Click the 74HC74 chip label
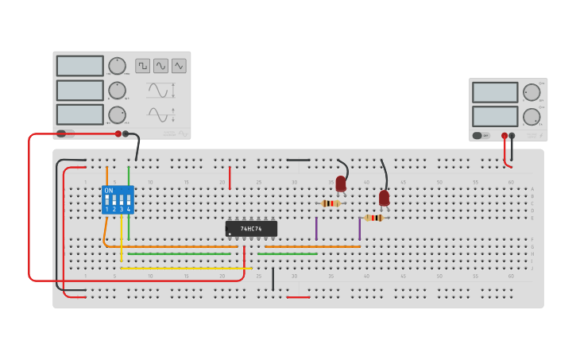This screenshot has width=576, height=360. click(251, 229)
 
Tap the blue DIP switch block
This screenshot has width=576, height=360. click(118, 200)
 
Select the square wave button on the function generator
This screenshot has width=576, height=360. click(142, 66)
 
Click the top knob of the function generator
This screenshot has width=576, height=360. click(117, 66)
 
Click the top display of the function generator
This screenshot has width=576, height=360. click(80, 66)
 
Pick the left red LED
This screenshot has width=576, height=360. click(341, 184)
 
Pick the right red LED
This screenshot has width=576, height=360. click(384, 198)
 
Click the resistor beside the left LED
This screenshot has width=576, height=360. click(331, 203)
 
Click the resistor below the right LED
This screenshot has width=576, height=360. click(373, 218)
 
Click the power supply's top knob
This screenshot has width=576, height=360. click(531, 92)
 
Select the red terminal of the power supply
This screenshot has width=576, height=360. click(504, 136)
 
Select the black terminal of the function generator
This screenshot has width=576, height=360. click(126, 134)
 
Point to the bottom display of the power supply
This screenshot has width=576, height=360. click(495, 117)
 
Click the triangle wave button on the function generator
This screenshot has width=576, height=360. click(179, 66)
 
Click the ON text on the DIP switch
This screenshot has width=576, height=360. click(109, 191)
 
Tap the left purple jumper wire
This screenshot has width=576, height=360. click(316, 229)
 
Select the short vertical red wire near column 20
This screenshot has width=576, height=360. click(230, 178)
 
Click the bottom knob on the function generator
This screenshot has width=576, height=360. click(117, 114)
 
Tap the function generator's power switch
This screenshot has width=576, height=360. click(65, 134)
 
